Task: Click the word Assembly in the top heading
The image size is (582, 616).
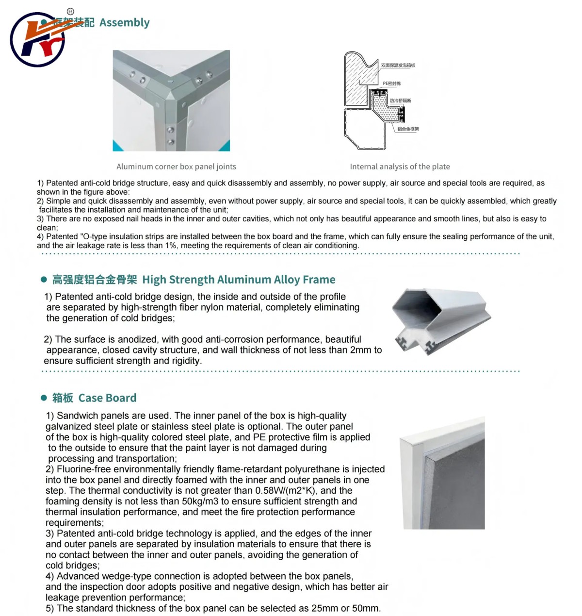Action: coord(124,23)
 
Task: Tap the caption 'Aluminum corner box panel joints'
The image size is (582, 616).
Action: coord(176,166)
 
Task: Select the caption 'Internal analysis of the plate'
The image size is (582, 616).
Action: coord(400,166)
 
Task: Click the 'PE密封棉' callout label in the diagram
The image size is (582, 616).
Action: coord(391,83)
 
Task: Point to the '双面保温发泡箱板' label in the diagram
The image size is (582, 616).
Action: coord(398,66)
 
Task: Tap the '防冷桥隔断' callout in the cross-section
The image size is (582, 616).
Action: coord(400,100)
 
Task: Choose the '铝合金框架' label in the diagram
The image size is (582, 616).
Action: coord(408,129)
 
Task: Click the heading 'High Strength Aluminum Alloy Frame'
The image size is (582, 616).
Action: coord(239,280)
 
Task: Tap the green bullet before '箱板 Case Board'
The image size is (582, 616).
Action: coord(44,398)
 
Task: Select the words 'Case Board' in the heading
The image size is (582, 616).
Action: coord(107,398)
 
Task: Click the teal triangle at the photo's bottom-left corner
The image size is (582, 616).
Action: coord(117,147)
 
